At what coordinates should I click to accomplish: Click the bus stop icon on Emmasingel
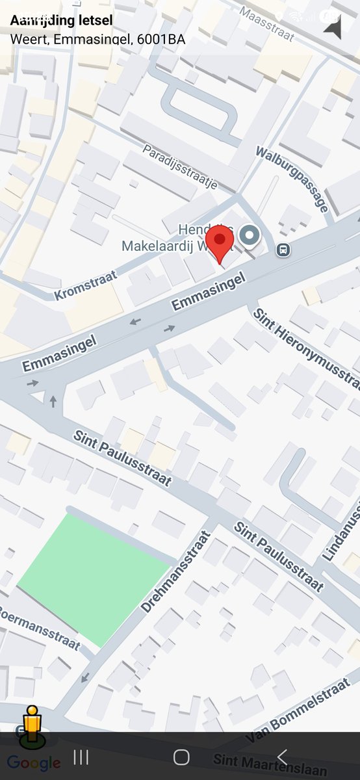click(x=283, y=250)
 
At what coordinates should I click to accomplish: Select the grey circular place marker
click(x=249, y=235)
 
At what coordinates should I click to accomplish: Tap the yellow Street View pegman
click(x=31, y=724)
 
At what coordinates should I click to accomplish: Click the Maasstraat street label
click(x=266, y=23)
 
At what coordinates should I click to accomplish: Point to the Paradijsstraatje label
click(x=180, y=167)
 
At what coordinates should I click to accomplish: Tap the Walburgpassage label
click(x=292, y=179)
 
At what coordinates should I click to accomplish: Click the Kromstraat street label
click(x=86, y=285)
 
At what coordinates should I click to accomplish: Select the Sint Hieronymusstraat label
click(x=305, y=348)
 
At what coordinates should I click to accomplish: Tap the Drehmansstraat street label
click(x=176, y=572)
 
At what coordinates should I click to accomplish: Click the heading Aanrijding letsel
click(x=61, y=21)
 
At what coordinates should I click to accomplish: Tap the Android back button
click(x=282, y=757)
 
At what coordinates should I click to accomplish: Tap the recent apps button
click(x=81, y=757)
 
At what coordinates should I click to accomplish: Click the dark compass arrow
click(x=333, y=27)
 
